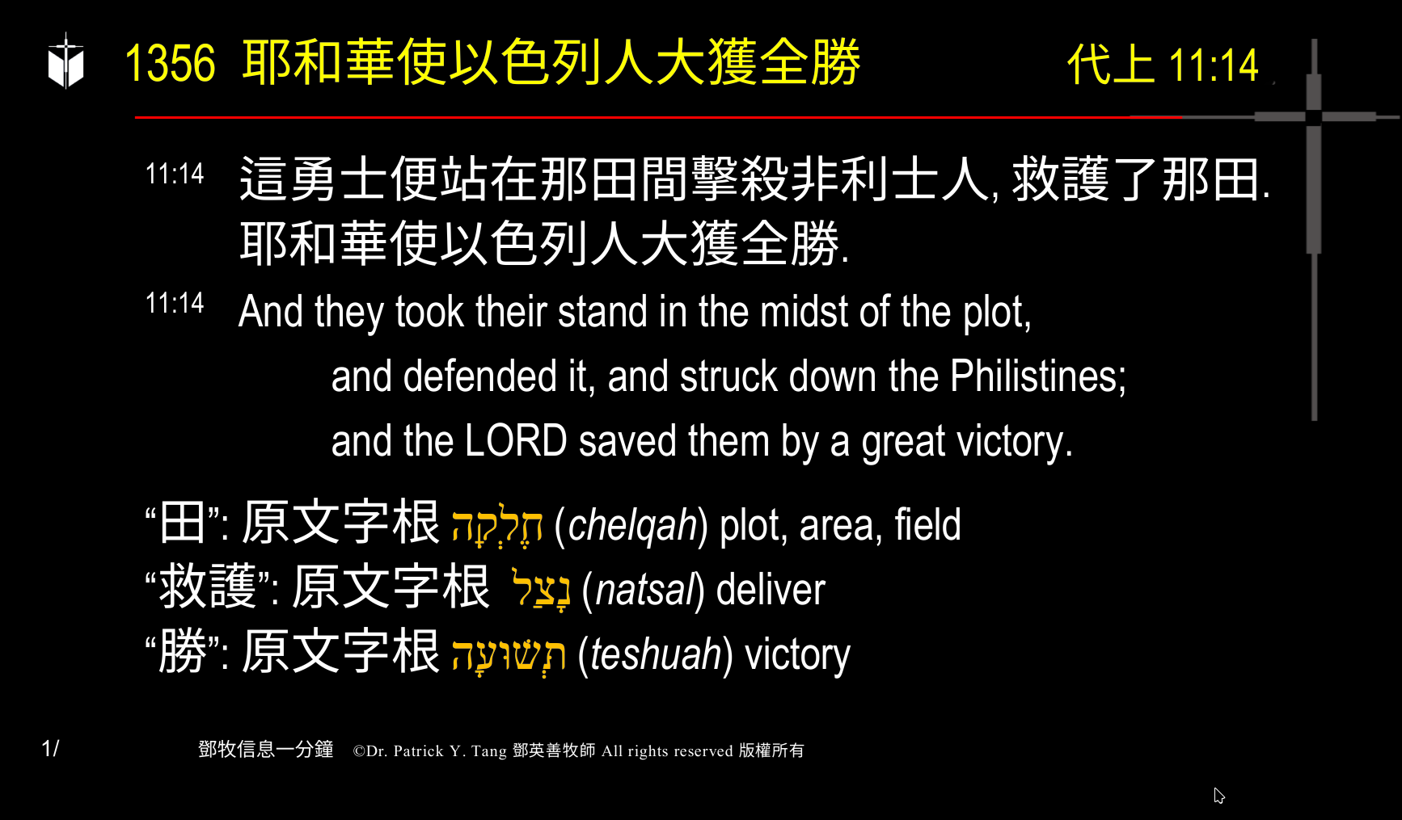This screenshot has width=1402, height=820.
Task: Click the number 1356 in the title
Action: [x=171, y=63]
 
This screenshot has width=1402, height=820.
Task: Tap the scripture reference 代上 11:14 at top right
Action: [x=1163, y=65]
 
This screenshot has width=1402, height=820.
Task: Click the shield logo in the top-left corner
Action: [x=65, y=61]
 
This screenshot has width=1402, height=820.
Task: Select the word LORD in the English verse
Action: [x=515, y=441]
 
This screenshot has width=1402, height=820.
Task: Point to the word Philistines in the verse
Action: [x=1037, y=376]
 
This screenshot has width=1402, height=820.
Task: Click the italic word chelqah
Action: [x=632, y=525]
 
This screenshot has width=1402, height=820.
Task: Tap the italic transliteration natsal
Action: [x=644, y=590]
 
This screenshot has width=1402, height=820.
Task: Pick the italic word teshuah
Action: [x=656, y=654]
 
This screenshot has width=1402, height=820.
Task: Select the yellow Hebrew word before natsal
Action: [x=542, y=588]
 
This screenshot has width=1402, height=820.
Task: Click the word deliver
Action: [x=771, y=590]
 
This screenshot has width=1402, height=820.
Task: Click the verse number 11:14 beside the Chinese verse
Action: [x=175, y=174]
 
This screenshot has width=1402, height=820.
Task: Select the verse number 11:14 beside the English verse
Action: [x=175, y=303]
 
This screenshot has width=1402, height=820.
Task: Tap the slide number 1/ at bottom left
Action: [x=50, y=749]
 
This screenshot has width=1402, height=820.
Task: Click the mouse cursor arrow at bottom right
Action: [x=1218, y=796]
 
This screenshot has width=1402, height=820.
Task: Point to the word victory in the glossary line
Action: [x=797, y=654]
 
